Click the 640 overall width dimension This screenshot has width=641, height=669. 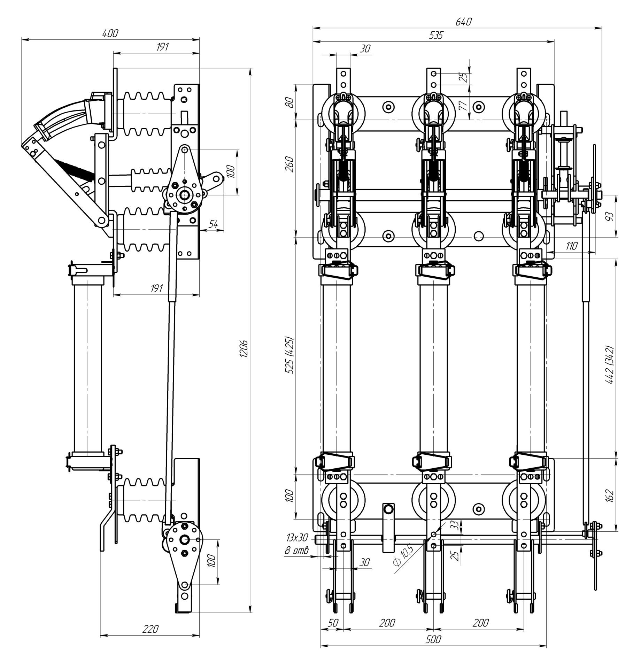pyautogui.click(x=463, y=22)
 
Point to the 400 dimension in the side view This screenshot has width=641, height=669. pyautogui.click(x=110, y=33)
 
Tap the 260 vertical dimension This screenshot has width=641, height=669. pyautogui.click(x=290, y=164)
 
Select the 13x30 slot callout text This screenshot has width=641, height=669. pyautogui.click(x=297, y=547)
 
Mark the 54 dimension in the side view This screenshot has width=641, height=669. pyautogui.click(x=213, y=224)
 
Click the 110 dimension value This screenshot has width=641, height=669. pyautogui.click(x=571, y=246)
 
